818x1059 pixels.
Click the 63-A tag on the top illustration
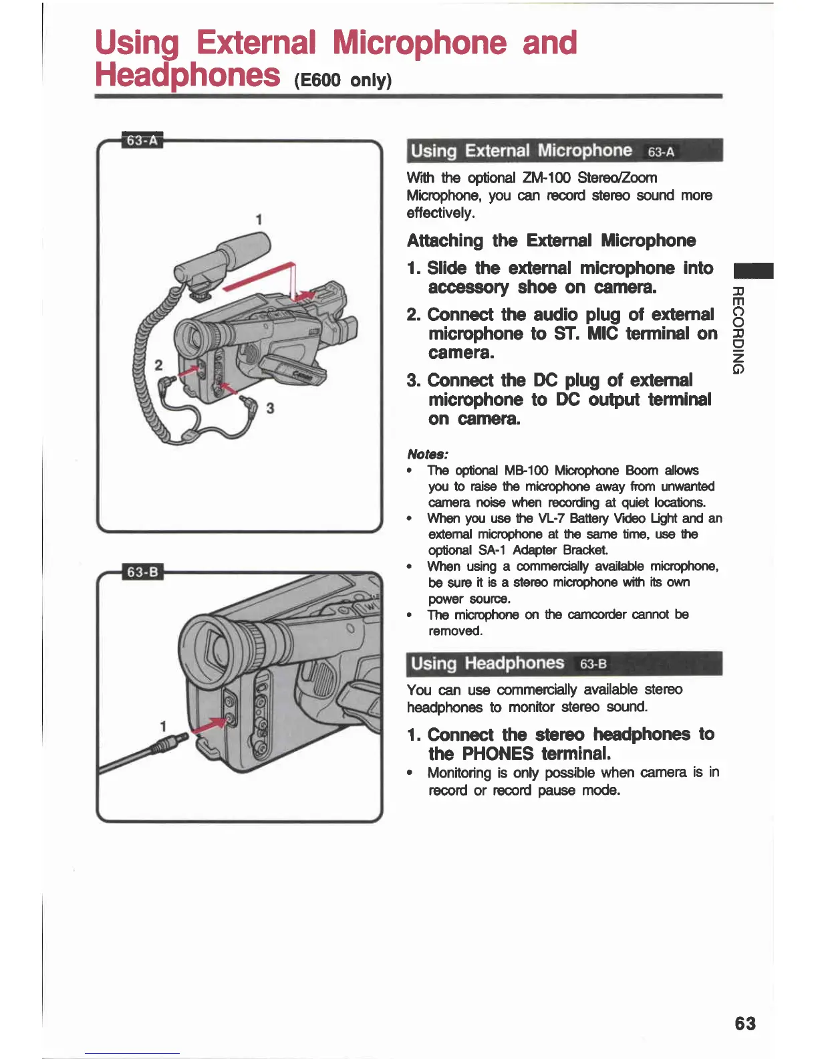point(142,140)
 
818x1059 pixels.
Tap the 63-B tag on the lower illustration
point(142,572)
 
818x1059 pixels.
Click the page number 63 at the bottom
point(745,1024)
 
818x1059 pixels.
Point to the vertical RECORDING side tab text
point(738,330)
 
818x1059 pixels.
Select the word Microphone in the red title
point(420,43)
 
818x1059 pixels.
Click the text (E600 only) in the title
point(342,80)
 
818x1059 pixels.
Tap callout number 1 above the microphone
point(259,219)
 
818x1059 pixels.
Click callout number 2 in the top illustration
point(158,365)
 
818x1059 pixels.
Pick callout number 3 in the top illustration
point(269,408)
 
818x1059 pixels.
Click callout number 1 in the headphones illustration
point(162,726)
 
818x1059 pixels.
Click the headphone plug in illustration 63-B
point(167,743)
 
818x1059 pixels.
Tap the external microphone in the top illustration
point(224,256)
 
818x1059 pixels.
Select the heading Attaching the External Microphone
point(551,241)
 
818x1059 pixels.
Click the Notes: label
point(427,454)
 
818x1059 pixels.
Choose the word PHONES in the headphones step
point(498,754)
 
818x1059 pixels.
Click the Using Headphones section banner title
point(487,663)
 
